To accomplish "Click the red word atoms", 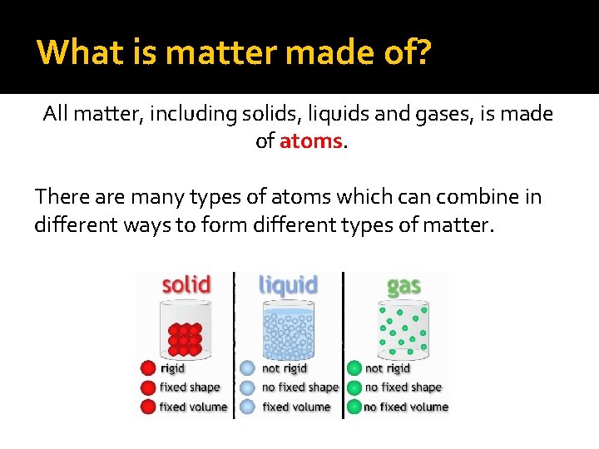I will pos(311,141).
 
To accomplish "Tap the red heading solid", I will pos(186,285).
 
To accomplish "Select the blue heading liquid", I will pos(288,285).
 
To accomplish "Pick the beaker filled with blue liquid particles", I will pos(289,330).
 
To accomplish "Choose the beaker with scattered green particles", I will pos(403,330).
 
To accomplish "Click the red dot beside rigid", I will pos(148,368).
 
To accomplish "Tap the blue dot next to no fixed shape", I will pos(247,387).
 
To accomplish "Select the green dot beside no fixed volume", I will pos(354,407).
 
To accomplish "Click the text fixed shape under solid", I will pos(190,387).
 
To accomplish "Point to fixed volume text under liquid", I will pos(296,407).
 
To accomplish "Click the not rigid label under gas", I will pos(388,368).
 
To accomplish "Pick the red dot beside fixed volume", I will pos(148,407).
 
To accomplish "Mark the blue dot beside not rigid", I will pos(247,368).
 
